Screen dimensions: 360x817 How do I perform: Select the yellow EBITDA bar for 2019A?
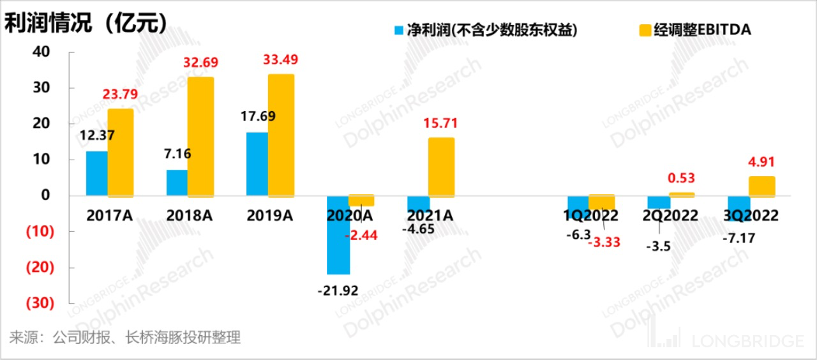point(281,135)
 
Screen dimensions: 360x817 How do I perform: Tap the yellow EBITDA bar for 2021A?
point(441,167)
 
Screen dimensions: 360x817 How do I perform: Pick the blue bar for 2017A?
point(97,173)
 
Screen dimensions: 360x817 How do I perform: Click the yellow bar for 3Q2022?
point(761,186)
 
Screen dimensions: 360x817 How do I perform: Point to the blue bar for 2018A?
point(177,183)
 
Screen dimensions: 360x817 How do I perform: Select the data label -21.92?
point(338,290)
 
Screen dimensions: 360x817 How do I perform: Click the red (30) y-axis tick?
point(39,303)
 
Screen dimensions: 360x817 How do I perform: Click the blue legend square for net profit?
point(400,30)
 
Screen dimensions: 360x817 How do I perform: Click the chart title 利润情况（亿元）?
point(86,24)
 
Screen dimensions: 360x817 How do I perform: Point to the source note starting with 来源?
point(125,338)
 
